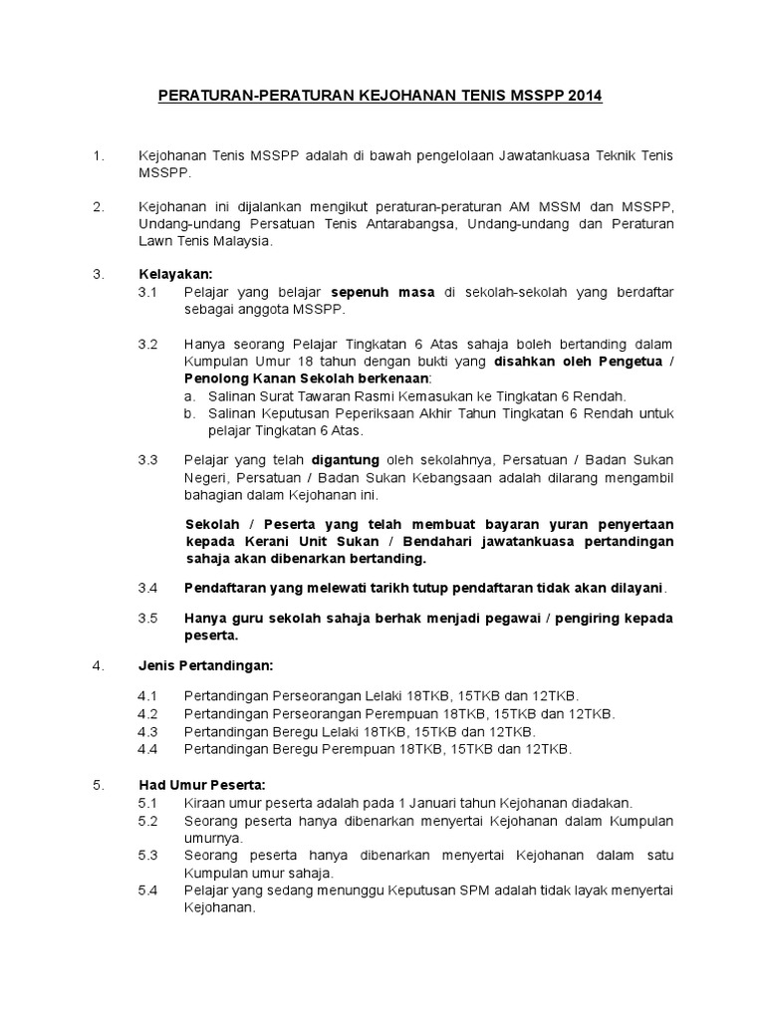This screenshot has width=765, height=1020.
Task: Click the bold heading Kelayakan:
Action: (175, 274)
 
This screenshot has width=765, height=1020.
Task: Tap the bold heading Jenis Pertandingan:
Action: (205, 664)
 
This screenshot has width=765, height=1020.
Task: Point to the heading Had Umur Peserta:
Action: (200, 784)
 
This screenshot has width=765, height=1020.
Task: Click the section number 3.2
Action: (148, 344)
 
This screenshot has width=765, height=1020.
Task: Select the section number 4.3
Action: (148, 731)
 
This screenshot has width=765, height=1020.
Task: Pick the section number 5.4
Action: (148, 890)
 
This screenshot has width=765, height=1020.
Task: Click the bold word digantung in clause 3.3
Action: (345, 459)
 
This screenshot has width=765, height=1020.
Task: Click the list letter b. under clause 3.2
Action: (190, 413)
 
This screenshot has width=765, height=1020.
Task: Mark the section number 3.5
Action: (148, 618)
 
